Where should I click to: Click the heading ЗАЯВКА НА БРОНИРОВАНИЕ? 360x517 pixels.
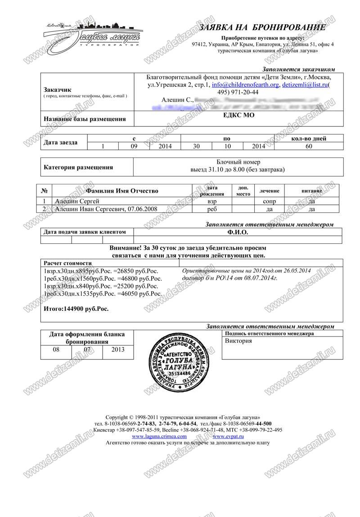[x=262, y=28]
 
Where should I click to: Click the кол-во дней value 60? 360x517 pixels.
[x=309, y=146]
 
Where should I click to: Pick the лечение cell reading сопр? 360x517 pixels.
[x=270, y=201]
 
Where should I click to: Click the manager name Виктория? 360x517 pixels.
[x=238, y=341]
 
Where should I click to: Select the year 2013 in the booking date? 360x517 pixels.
[x=118, y=349]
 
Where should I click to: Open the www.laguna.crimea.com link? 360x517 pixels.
[x=159, y=436]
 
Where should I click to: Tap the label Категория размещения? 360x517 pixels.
[x=78, y=167]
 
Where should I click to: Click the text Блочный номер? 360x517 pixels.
[x=238, y=162]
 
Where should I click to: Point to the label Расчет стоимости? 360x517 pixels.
[x=67, y=263]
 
